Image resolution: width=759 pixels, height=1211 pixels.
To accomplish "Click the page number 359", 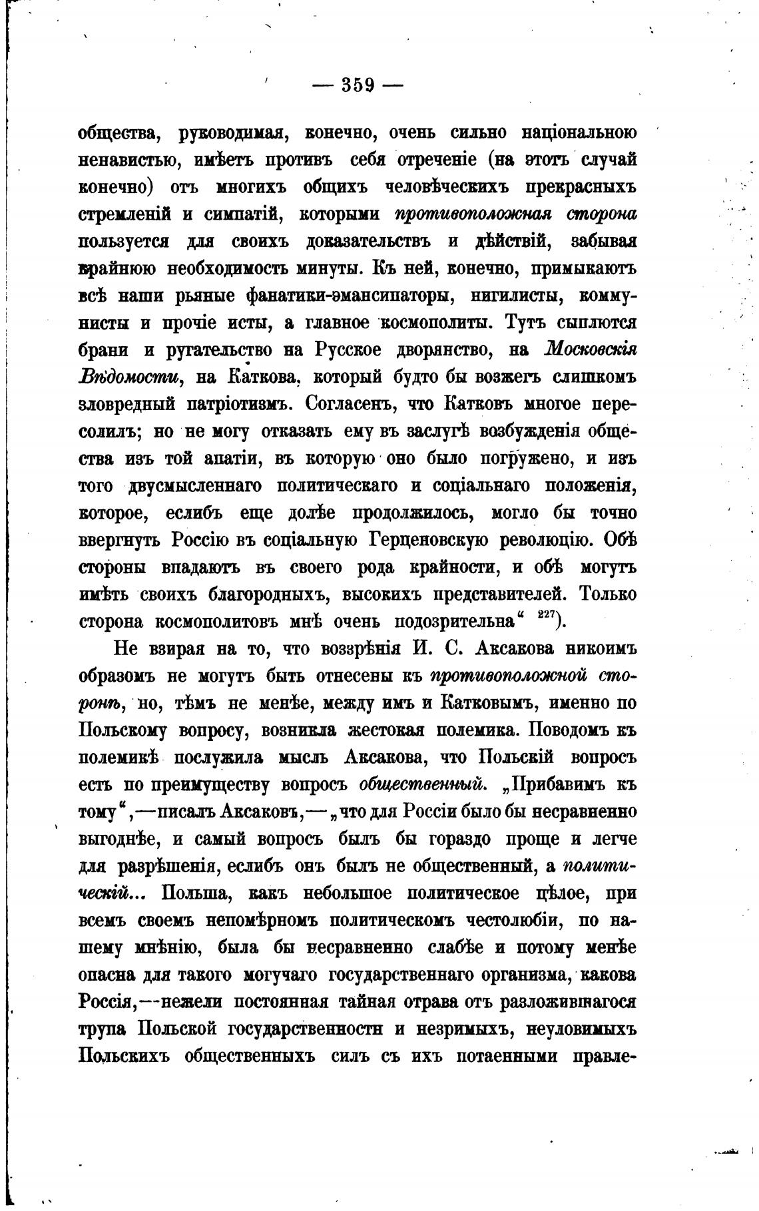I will [x=358, y=86].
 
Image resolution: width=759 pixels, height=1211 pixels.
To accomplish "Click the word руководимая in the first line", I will [x=233, y=133].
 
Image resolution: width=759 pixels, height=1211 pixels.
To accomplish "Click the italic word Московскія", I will [x=591, y=350].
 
